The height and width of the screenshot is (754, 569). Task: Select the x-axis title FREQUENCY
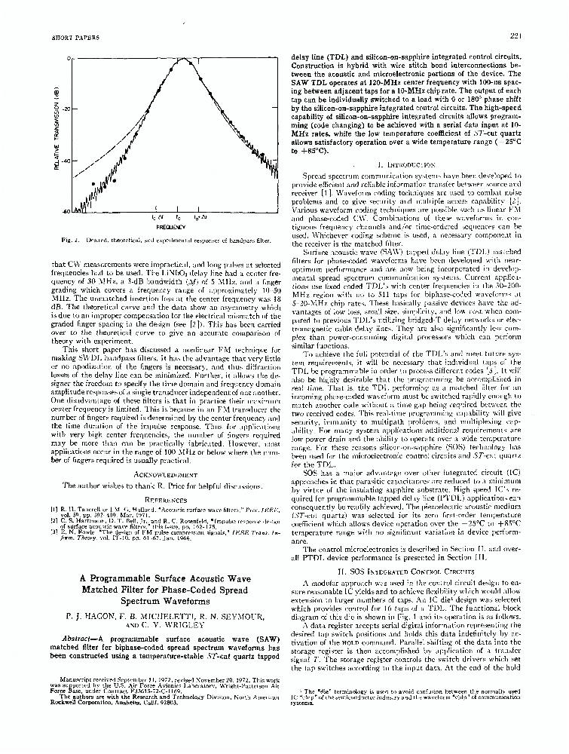click(167, 226)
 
